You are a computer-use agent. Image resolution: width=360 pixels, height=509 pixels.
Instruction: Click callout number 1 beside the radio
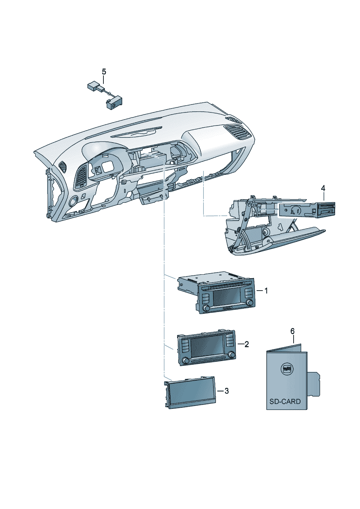[266, 291]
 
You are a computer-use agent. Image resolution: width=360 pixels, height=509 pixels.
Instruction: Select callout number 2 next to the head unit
[247, 344]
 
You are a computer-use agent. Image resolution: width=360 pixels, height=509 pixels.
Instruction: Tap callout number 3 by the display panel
[226, 391]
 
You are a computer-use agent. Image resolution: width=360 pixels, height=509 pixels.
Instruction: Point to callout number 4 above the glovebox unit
[323, 188]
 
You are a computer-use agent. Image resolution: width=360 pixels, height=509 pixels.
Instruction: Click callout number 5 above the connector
[104, 71]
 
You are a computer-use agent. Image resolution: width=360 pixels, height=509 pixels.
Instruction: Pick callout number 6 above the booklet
[292, 331]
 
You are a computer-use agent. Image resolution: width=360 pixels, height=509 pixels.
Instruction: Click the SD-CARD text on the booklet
[285, 402]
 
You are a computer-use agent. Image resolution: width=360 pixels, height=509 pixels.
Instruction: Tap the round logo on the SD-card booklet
[287, 369]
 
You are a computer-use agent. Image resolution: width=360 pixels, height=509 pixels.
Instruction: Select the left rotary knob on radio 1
[206, 308]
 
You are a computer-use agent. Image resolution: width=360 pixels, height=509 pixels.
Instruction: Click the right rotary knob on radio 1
[249, 303]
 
